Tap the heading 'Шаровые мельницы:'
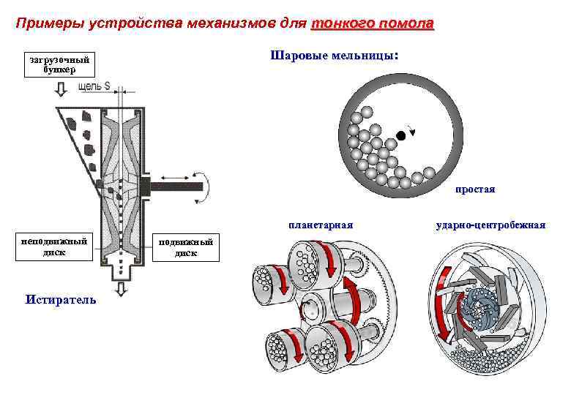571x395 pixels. pos(335,55)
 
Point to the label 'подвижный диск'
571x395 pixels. pos(185,247)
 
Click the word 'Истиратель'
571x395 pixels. pos(60,299)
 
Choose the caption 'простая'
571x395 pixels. pos(475,189)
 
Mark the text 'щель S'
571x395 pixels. pos(94,87)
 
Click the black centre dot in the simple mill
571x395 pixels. pos(400,135)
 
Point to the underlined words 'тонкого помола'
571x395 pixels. pos(373,24)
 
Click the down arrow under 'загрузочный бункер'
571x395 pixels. pos(60,90)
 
